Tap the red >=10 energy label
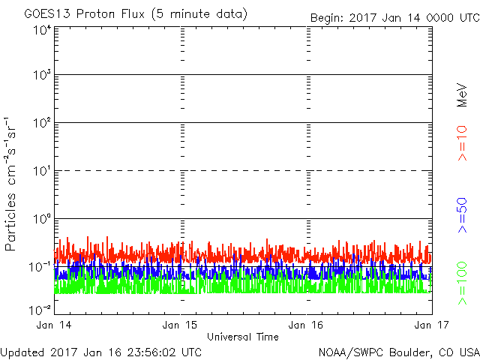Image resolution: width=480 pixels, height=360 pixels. click(x=462, y=143)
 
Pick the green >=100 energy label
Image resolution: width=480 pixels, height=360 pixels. click(x=462, y=284)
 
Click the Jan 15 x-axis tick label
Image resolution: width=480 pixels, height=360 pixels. click(x=181, y=325)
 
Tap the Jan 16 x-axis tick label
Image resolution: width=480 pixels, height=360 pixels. click(x=307, y=325)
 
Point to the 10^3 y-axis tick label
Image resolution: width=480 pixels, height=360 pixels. click(x=41, y=76)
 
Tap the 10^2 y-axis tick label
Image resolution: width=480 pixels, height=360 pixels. click(x=41, y=124)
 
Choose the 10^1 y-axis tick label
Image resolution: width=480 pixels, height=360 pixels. click(x=41, y=172)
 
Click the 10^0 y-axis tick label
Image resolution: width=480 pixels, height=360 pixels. click(x=41, y=220)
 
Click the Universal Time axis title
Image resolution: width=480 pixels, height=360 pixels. click(x=243, y=337)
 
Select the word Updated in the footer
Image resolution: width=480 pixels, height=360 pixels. click(x=22, y=352)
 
